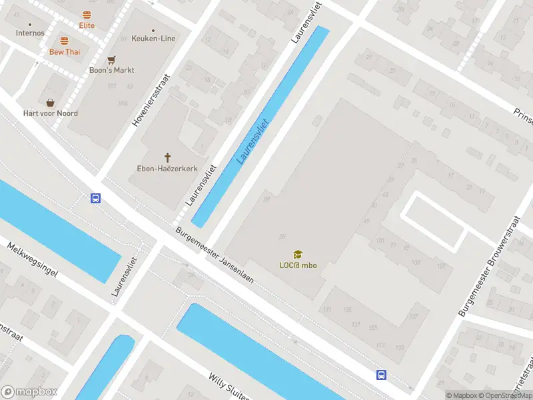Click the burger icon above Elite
87,15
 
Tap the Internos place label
30,33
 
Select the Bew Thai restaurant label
64,51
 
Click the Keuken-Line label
154,39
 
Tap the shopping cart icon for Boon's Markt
111,59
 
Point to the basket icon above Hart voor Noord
50,103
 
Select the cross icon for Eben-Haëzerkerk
167,157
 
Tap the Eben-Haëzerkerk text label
167,168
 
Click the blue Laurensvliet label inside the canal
253,141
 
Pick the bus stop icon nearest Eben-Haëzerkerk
96,198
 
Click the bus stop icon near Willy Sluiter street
381,375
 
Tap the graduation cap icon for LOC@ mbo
298,254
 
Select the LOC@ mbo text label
298,265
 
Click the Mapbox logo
29,392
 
